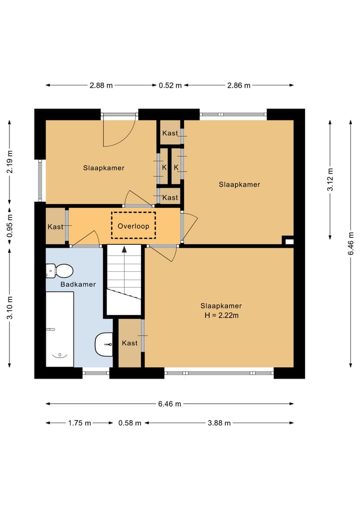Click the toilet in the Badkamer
[59, 271]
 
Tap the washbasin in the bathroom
[104, 344]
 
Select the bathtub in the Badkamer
[59, 329]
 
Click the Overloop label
[133, 226]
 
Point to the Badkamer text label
[78, 284]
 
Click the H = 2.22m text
[221, 315]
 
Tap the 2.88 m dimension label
[101, 85]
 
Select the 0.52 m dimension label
[170, 85]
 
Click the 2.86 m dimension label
[238, 85]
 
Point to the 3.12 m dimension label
[330, 179]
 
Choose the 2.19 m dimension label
[9, 161]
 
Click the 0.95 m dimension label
[9, 226]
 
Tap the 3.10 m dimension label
[9, 308]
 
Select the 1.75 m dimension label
[79, 423]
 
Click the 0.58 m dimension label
[129, 423]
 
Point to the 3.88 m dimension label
[219, 423]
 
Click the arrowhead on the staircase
[124, 249]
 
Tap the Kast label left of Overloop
[55, 226]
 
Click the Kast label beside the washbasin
[129, 343]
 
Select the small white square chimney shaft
[289, 242]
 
